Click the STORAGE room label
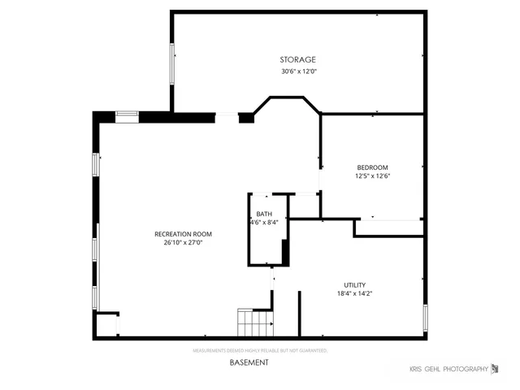[297, 59]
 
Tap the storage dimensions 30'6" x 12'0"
[297, 71]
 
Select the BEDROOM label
[372, 167]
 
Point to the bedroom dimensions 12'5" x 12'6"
[372, 176]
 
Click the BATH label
[264, 214]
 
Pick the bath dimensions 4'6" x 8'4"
[264, 222]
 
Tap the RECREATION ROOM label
[178, 234]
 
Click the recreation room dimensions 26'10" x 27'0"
[178, 242]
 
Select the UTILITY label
[354, 285]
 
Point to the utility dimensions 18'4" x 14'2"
[354, 293]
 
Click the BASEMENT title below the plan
[248, 362]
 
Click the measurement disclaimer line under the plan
[259, 351]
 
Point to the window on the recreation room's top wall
[127, 115]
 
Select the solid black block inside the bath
[285, 251]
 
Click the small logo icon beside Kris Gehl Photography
[495, 370]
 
